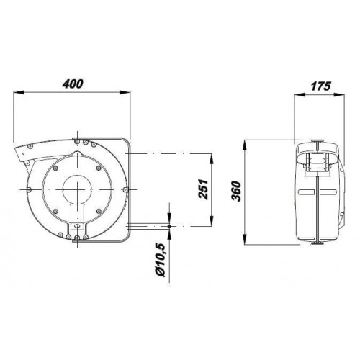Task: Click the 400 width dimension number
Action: (x=73, y=84)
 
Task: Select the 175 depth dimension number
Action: (x=321, y=86)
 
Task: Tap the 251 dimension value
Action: (x=203, y=189)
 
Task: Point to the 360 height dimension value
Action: (x=235, y=192)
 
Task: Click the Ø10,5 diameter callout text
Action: (x=161, y=260)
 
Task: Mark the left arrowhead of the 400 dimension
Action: (x=19, y=92)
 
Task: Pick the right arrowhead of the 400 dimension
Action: (x=125, y=92)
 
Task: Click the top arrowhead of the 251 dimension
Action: (x=212, y=158)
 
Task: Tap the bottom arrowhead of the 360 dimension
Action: (x=245, y=240)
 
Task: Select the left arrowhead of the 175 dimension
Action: (x=300, y=95)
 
